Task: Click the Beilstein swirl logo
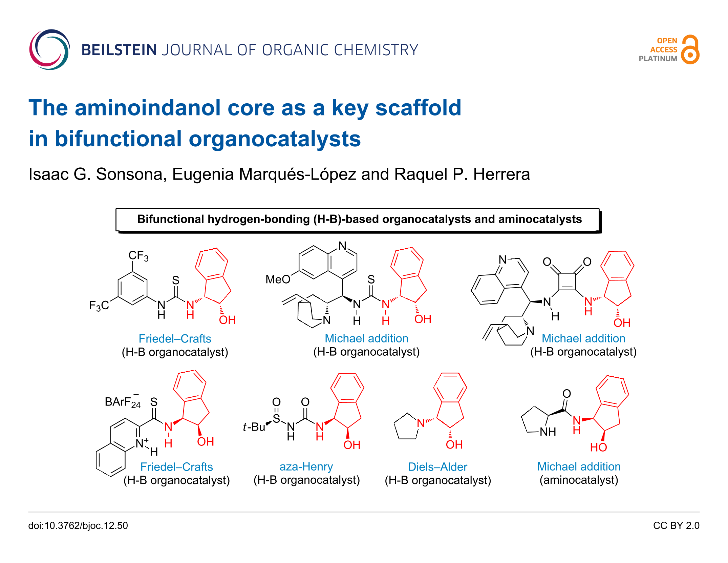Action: point(49,50)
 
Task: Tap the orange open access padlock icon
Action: point(690,49)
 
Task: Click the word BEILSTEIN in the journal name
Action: point(119,50)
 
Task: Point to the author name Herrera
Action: point(501,174)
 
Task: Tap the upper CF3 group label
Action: point(138,256)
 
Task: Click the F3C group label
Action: point(99,306)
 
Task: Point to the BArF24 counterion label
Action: point(123,401)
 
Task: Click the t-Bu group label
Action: point(254,427)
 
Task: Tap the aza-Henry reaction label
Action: point(306,467)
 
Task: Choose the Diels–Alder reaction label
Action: point(437,467)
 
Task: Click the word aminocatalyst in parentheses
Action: point(579,480)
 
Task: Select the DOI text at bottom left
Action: point(78,525)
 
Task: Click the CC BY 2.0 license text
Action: point(676,525)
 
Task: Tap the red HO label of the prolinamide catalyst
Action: point(598,447)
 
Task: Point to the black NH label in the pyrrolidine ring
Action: point(548,432)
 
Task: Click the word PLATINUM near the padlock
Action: point(658,59)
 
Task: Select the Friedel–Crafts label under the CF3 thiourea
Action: point(175,339)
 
